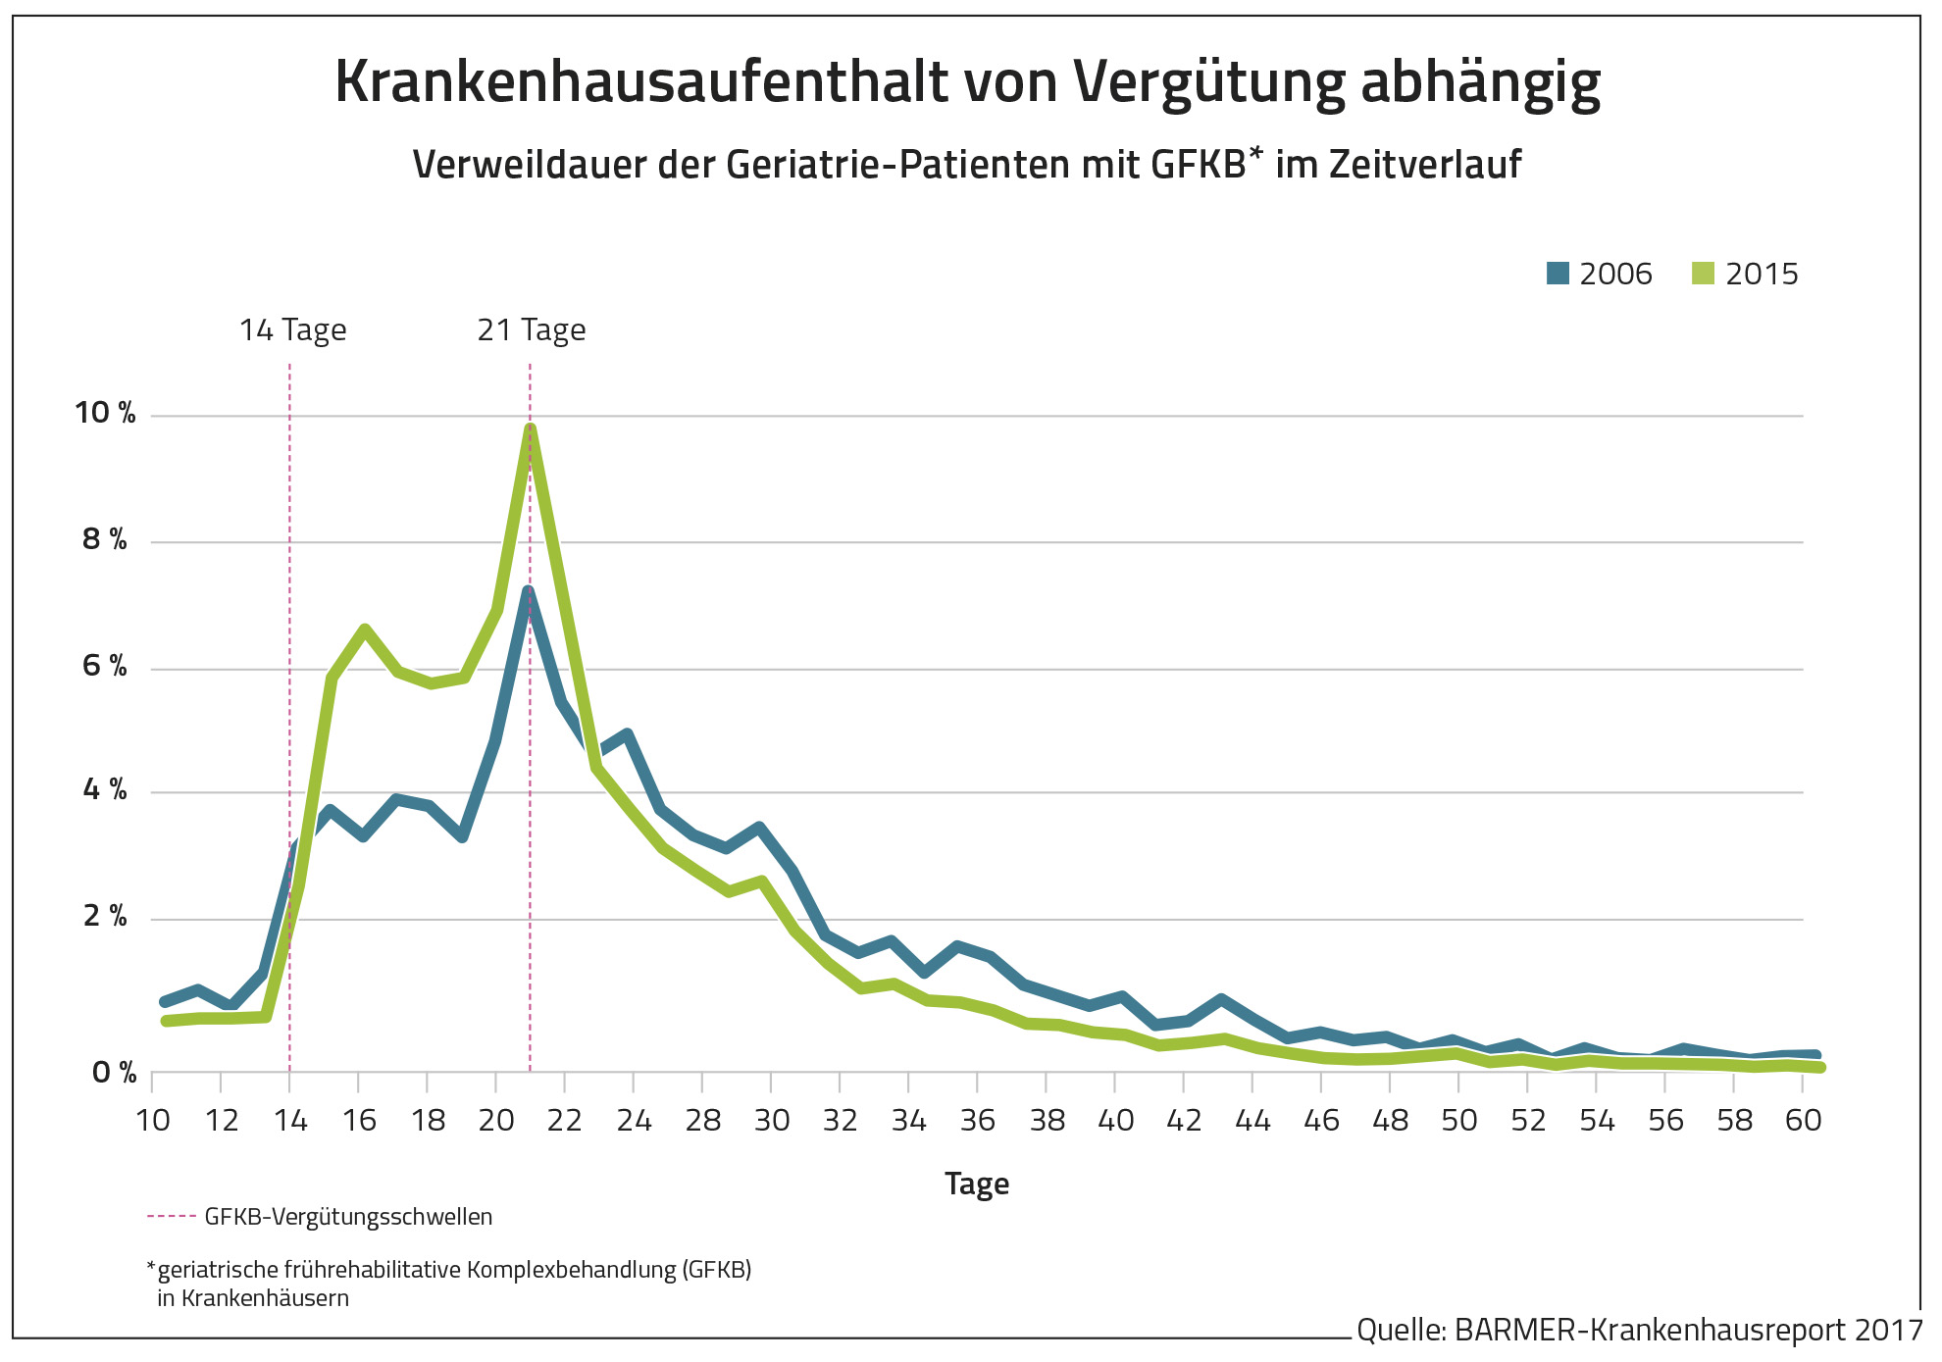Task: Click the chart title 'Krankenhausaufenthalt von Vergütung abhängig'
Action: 967,82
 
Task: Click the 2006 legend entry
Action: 1600,274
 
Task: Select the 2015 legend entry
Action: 1746,274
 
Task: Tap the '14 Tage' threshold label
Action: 292,330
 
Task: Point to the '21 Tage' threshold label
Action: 531,330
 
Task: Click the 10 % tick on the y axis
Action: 105,413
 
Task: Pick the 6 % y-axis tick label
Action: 105,667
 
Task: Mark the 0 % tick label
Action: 114,1073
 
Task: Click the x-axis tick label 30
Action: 772,1121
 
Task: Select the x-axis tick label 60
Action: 1803,1121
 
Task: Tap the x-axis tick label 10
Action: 153,1121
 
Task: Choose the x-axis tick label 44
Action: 1252,1121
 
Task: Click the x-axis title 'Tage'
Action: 977,1184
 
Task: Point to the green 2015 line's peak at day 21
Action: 530,428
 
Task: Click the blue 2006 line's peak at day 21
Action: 528,591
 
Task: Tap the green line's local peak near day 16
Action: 364,629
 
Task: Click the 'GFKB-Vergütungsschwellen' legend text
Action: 348,1217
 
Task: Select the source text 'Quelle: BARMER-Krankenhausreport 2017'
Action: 1639,1331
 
